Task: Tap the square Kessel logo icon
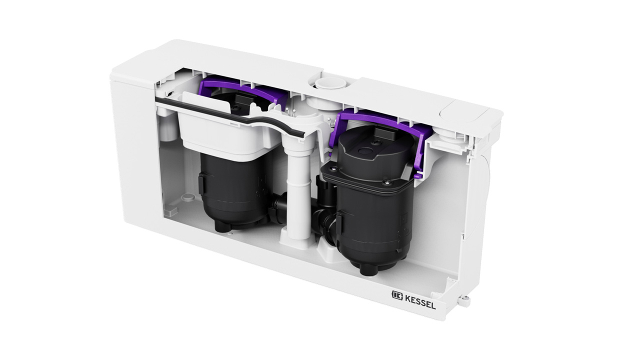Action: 397,295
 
